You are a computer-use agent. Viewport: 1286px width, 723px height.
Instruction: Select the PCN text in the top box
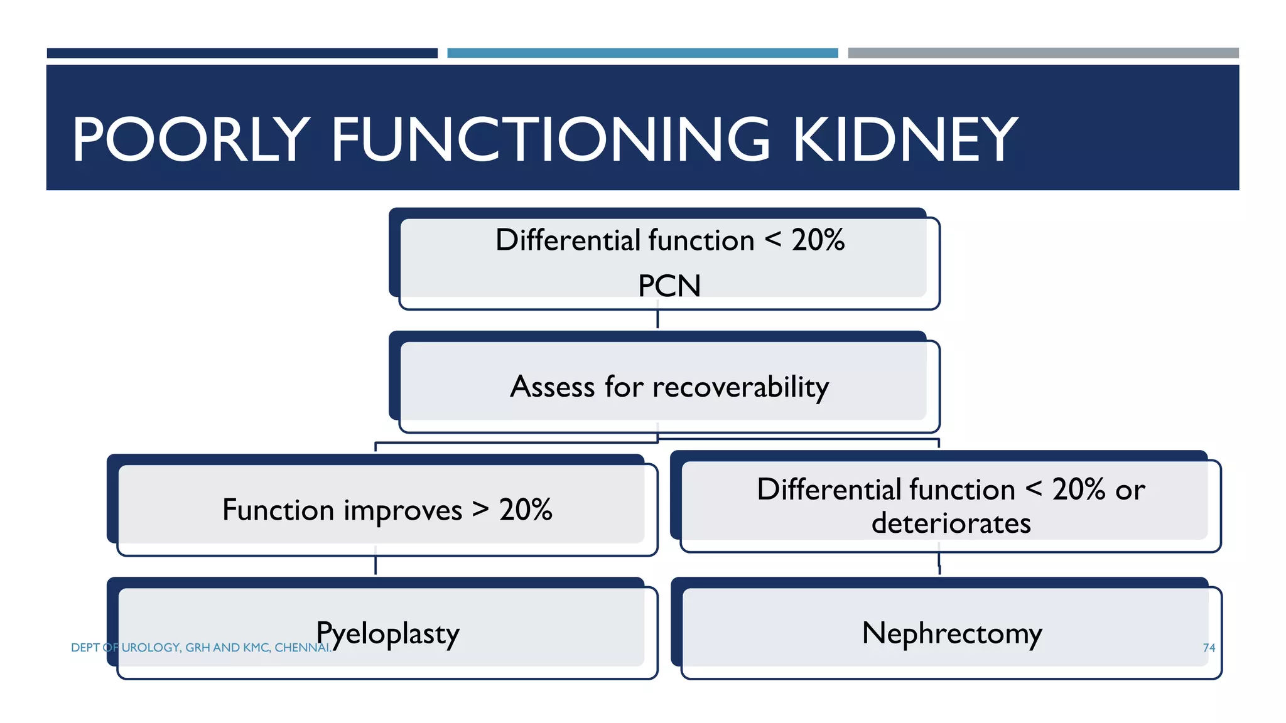coord(669,286)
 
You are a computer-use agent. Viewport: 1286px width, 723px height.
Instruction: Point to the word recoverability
coord(740,387)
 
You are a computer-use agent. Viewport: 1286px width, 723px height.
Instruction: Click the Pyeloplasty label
coord(387,634)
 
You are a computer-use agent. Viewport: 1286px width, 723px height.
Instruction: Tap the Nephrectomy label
coord(951,633)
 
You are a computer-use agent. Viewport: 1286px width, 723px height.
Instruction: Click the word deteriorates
coord(951,523)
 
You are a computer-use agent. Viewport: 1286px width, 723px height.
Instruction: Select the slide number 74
coord(1209,648)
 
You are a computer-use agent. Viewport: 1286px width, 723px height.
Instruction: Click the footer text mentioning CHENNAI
coord(201,648)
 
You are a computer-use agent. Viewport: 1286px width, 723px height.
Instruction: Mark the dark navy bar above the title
coord(242,53)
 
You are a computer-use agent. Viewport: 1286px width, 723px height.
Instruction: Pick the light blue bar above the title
coord(642,53)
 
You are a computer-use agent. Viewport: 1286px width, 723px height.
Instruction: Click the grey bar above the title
coord(1043,53)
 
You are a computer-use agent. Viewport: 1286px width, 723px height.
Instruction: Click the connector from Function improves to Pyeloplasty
coord(376,564)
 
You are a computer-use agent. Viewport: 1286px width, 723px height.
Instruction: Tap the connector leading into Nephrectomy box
coord(939,564)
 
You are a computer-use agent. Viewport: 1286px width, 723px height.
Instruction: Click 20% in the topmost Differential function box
coord(818,240)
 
